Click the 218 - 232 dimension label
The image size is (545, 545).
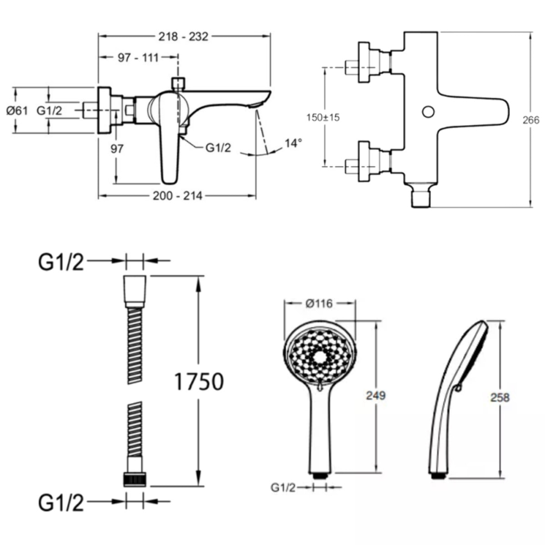pos(183,37)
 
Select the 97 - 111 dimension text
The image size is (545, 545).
pos(138,58)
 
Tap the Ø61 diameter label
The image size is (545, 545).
pos(17,110)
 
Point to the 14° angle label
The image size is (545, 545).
pos(293,143)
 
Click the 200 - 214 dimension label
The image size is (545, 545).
pos(178,196)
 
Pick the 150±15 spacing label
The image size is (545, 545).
pos(323,117)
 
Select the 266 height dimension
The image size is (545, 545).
pos(531,120)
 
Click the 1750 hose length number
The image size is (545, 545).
pos(199,382)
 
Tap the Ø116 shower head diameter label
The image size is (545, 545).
pos(319,304)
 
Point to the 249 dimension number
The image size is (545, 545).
pos(376,396)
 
